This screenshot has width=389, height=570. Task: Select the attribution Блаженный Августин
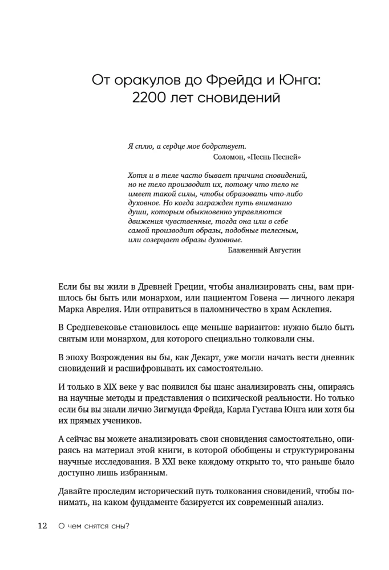[264, 250]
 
